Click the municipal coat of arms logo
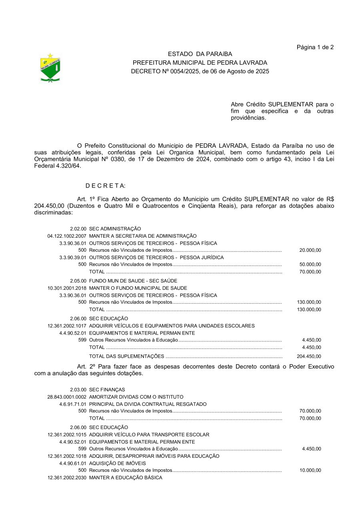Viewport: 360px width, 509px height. pyautogui.click(x=50, y=68)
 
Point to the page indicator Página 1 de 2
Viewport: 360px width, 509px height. pyautogui.click(x=315, y=47)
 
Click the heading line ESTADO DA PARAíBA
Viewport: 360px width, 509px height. pyautogui.click(x=200, y=54)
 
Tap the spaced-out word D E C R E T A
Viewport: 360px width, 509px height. pyautogui.click(x=106, y=186)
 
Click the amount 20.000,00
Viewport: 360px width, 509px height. pyautogui.click(x=310, y=250)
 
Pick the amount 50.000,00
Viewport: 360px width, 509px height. pyautogui.click(x=310, y=265)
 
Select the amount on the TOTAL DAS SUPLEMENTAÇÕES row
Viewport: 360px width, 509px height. pyautogui.click(x=309, y=357)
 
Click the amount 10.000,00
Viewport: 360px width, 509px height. pyautogui.click(x=310, y=471)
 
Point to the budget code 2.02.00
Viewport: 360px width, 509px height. pyautogui.click(x=78, y=229)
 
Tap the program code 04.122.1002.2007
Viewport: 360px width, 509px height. pyautogui.click(x=67, y=236)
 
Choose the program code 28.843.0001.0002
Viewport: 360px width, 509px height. pyautogui.click(x=67, y=397)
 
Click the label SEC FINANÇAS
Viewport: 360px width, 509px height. pyautogui.click(x=107, y=390)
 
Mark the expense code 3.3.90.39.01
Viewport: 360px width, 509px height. pyautogui.click(x=73, y=257)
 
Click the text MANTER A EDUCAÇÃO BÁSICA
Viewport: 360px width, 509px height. pyautogui.click(x=126, y=478)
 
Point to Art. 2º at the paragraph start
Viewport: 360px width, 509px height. pyautogui.click(x=87, y=367)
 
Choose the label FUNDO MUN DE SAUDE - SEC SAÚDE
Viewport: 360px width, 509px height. pyautogui.click(x=133, y=281)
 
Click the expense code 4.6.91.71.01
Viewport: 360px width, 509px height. pyautogui.click(x=73, y=404)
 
